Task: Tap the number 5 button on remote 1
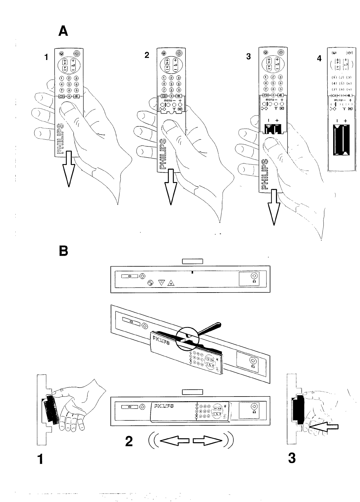(x=69, y=84)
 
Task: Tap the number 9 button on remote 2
(x=178, y=90)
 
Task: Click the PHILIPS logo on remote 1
(x=60, y=138)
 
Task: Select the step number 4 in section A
(x=319, y=59)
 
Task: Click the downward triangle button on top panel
(x=162, y=283)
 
